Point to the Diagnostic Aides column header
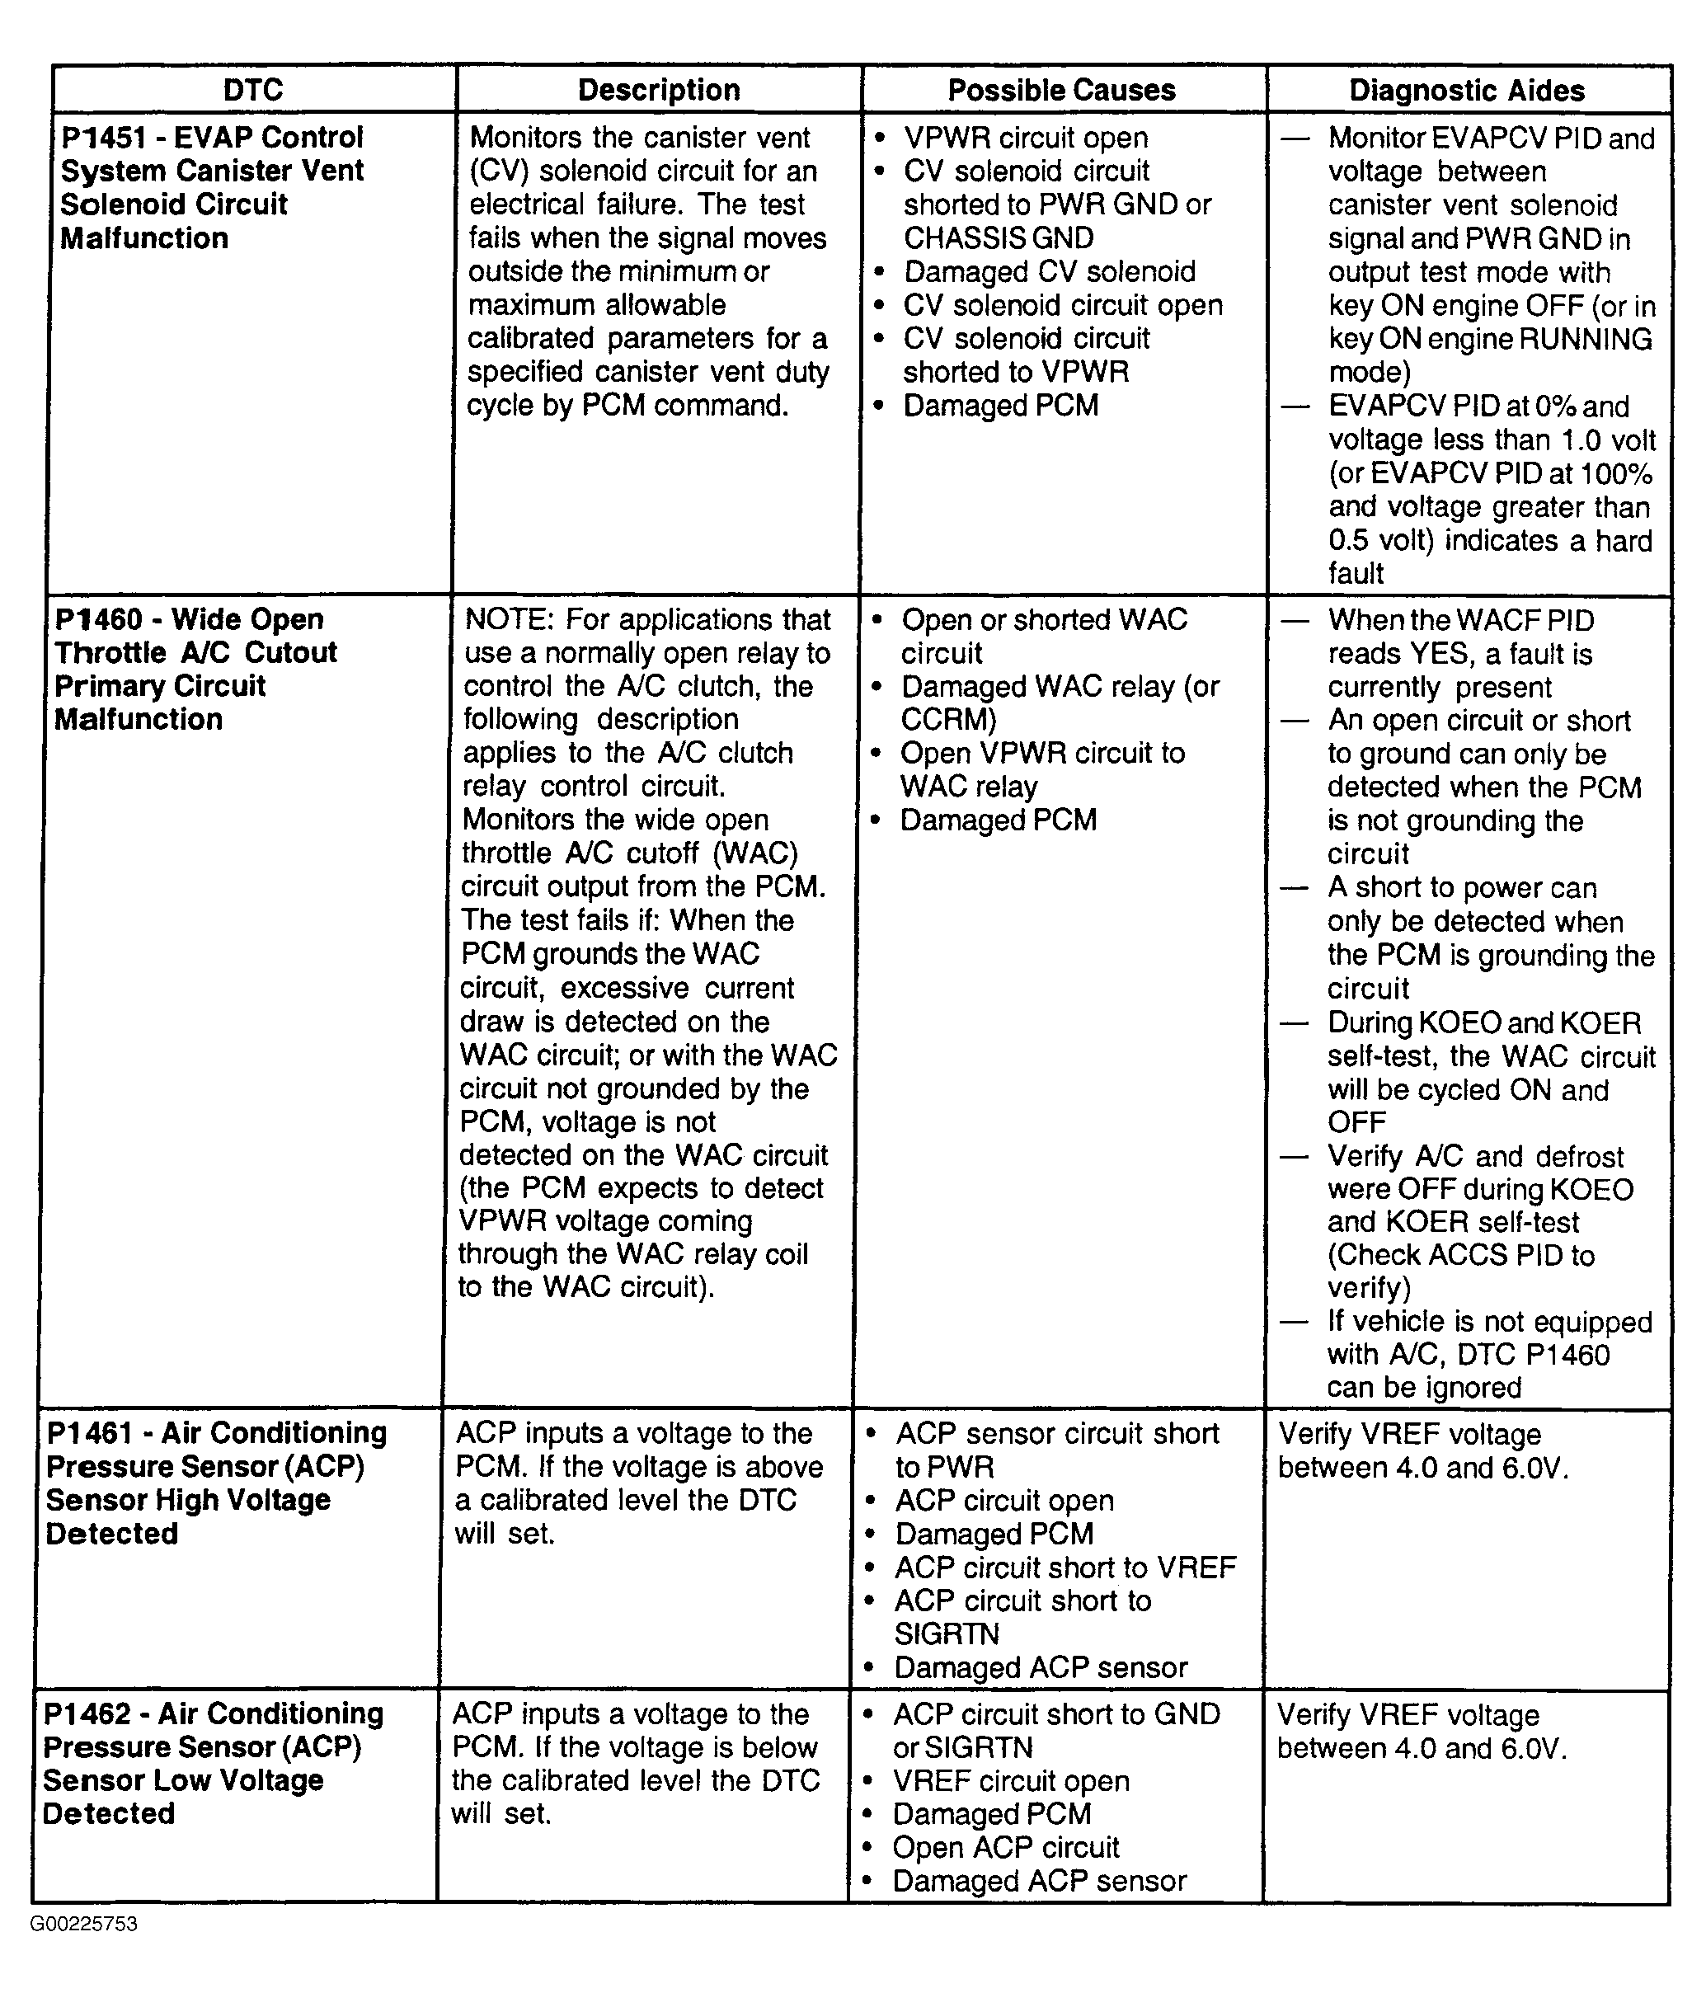pyautogui.click(x=1467, y=91)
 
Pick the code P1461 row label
pyautogui.click(x=89, y=1432)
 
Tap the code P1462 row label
pyautogui.click(x=87, y=1713)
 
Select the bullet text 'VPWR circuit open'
pyautogui.click(x=1025, y=138)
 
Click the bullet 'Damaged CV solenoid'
pyautogui.click(x=1049, y=271)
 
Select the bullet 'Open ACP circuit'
pyautogui.click(x=1005, y=1847)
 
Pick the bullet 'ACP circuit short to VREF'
pyautogui.click(x=1064, y=1567)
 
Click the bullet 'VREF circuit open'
pyautogui.click(x=1011, y=1780)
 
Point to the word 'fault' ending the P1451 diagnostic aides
pyautogui.click(x=1356, y=573)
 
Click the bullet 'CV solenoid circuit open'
pyautogui.click(x=1063, y=305)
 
